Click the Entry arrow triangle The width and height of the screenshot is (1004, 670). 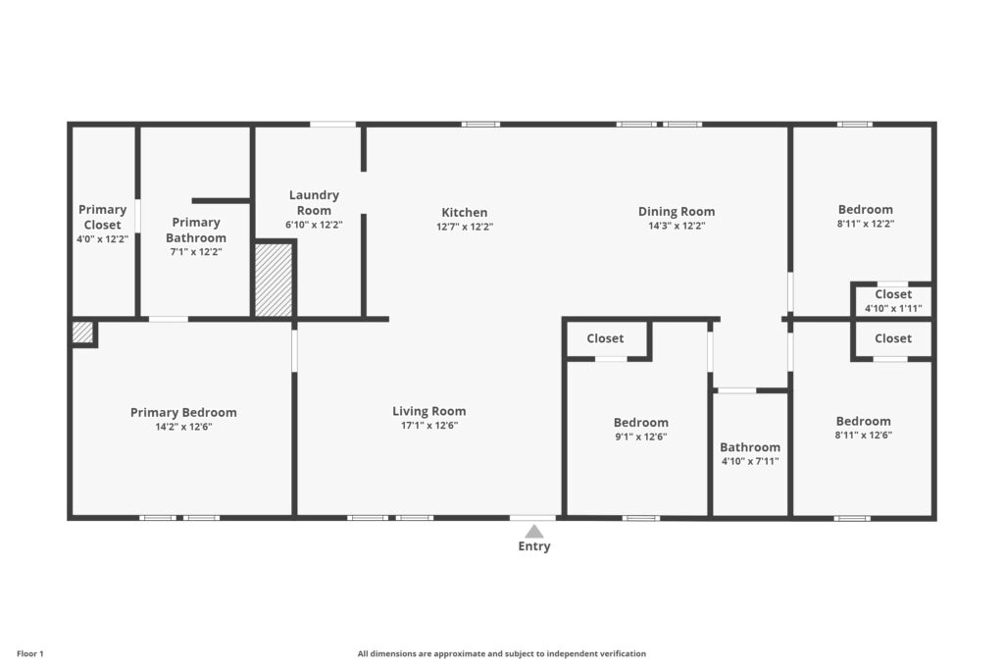(x=534, y=532)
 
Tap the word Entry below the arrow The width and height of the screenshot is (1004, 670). (x=534, y=546)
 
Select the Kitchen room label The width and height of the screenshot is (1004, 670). (x=464, y=213)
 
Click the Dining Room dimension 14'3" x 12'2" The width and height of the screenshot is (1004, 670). (x=677, y=226)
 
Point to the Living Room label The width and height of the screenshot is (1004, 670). (x=429, y=411)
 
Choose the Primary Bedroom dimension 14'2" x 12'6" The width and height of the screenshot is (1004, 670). (x=183, y=427)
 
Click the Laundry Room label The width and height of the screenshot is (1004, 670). (x=314, y=202)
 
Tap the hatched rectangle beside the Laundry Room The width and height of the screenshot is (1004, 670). (x=274, y=280)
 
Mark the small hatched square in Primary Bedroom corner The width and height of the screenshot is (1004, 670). (x=82, y=333)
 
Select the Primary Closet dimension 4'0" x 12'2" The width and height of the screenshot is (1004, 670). (x=102, y=239)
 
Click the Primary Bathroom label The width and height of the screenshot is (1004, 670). (x=196, y=230)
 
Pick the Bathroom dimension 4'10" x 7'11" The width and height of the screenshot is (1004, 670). (x=750, y=461)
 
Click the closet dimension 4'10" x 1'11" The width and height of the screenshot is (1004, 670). (x=893, y=309)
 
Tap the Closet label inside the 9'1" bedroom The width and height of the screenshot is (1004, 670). (x=605, y=338)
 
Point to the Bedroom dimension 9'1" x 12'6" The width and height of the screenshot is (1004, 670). (x=640, y=437)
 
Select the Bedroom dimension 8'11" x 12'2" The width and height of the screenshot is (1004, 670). (x=865, y=225)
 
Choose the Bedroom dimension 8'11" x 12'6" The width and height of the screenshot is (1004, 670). (x=863, y=435)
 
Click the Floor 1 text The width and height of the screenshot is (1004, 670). (x=30, y=654)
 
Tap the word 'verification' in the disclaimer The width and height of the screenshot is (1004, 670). (x=624, y=654)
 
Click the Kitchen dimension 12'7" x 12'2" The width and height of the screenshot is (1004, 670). (x=464, y=227)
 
